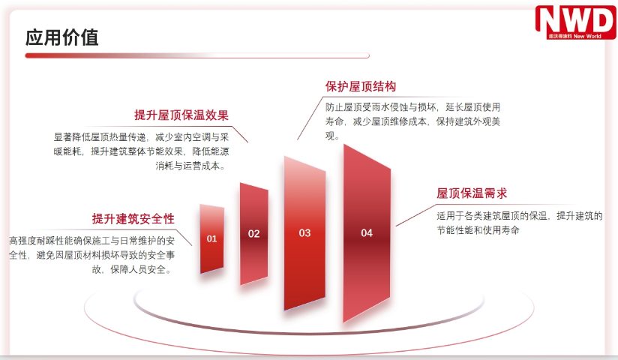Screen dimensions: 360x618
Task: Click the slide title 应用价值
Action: click(62, 37)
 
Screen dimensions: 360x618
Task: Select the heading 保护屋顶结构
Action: click(361, 86)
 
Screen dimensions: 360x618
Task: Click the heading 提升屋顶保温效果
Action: click(181, 115)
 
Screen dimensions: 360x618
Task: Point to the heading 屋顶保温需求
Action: click(472, 193)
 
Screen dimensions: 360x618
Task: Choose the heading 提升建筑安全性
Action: click(133, 219)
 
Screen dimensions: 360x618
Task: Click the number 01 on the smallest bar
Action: click(212, 238)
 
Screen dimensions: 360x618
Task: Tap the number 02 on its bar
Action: click(254, 233)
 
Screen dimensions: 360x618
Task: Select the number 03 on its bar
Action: click(304, 233)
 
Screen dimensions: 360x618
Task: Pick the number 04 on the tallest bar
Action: click(367, 233)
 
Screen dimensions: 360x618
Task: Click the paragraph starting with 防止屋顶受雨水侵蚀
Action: click(412, 121)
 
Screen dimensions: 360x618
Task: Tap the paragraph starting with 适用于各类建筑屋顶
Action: click(520, 223)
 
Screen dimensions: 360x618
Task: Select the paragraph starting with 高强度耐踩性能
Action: click(92, 255)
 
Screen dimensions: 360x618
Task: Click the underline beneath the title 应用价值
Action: click(195, 55)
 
